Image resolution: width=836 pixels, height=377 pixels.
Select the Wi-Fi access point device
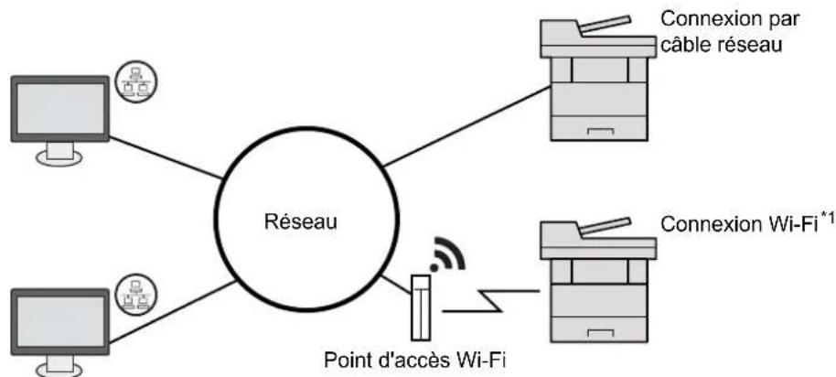pos(420,307)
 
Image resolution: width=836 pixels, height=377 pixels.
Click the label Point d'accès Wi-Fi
pos(414,361)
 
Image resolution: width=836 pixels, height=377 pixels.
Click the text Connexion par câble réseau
pos(731,31)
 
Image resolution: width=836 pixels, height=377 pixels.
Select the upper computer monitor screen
pos(59,109)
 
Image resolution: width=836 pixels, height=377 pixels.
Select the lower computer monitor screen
pos(60,321)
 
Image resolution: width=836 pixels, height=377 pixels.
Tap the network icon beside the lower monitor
pos(137,296)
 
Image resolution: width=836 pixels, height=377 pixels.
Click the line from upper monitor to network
pos(165,157)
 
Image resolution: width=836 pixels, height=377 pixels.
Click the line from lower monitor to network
pos(172,312)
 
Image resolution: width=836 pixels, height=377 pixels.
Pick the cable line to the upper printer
pos(467,126)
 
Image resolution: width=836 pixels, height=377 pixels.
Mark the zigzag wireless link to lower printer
pos(491,301)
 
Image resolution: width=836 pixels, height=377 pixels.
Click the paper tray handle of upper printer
pos(600,131)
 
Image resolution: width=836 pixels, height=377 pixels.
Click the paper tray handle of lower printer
pos(600,334)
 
